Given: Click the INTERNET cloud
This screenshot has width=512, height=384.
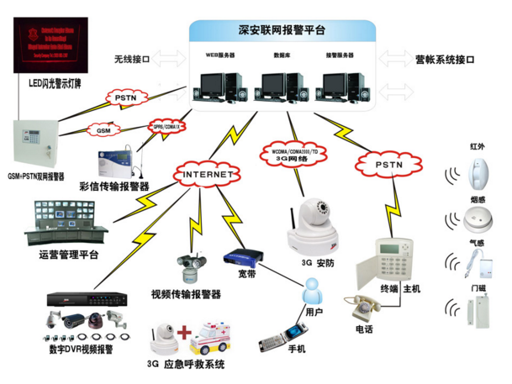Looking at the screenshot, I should (x=207, y=174).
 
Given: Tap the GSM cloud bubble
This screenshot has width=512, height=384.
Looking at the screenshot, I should (x=104, y=131).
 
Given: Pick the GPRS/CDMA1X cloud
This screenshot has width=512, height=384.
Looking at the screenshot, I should (x=168, y=126).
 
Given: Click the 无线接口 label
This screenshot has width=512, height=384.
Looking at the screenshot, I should (x=131, y=60).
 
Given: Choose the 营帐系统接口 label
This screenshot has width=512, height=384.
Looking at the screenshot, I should (x=445, y=60).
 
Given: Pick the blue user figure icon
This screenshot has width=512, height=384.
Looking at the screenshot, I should (x=313, y=292).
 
